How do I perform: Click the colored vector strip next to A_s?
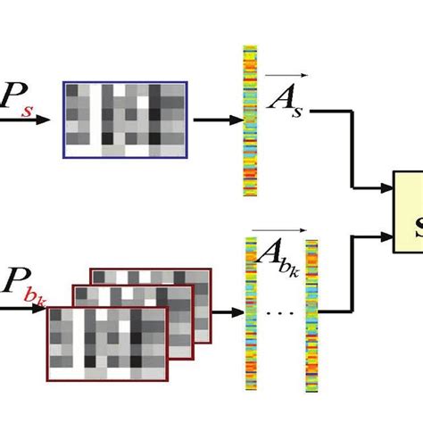point(249,121)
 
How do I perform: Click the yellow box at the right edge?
point(410,211)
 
